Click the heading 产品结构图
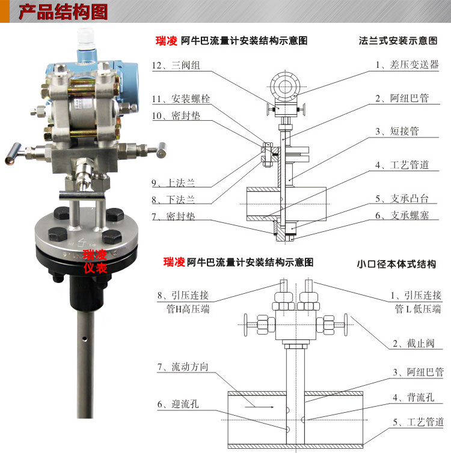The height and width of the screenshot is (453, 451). coord(63,12)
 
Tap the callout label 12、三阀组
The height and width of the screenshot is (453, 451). coord(176,65)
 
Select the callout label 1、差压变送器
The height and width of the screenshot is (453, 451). coord(407,64)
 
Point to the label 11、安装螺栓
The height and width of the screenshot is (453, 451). coord(181,99)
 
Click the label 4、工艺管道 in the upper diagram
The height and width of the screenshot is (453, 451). coord(402,165)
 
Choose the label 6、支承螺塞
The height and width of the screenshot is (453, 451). coord(402,215)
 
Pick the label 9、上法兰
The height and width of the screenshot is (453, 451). coord(173,183)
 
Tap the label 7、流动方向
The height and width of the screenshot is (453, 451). coord(183,367)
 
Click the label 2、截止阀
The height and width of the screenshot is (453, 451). coord(414,344)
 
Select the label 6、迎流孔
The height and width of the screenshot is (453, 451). coord(178,404)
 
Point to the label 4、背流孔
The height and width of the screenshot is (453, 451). coord(414,398)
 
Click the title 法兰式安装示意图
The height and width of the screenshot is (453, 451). coord(398,41)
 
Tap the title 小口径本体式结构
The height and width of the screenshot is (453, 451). coord(396,264)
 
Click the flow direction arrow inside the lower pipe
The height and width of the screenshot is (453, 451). coord(259,407)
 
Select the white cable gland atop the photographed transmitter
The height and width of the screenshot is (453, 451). coord(86,38)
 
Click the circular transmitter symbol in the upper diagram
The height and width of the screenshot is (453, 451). coord(285,87)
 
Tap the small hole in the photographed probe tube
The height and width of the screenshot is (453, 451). coord(84,339)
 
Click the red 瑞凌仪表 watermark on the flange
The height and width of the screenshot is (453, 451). coord(95,261)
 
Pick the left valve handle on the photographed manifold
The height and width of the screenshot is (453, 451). coord(13,154)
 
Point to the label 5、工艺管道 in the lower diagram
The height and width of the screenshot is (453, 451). coord(419,422)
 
